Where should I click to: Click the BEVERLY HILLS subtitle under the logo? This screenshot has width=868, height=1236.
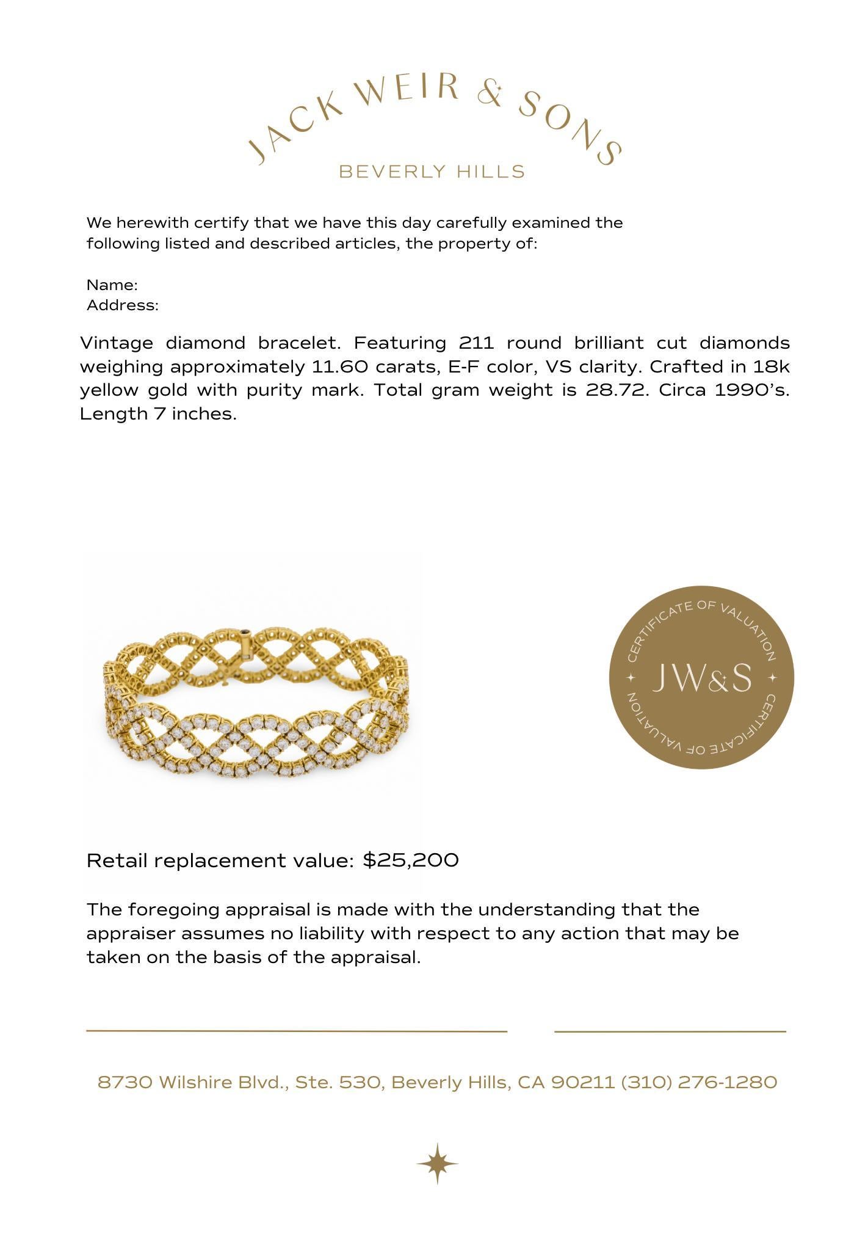tap(432, 172)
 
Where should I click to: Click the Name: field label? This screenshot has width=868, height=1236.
tap(112, 285)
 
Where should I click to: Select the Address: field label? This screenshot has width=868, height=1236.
tap(123, 305)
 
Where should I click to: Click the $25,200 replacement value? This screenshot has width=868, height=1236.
tap(410, 860)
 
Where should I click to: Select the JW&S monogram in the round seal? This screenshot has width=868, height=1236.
tap(702, 678)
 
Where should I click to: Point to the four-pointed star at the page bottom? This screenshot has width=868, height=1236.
tap(437, 1163)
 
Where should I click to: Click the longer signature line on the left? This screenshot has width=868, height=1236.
tap(297, 1031)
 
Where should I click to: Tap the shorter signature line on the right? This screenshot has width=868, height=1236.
tap(670, 1031)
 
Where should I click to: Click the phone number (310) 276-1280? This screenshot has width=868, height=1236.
tap(699, 1083)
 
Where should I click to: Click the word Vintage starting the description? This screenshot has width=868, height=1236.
tap(117, 343)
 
